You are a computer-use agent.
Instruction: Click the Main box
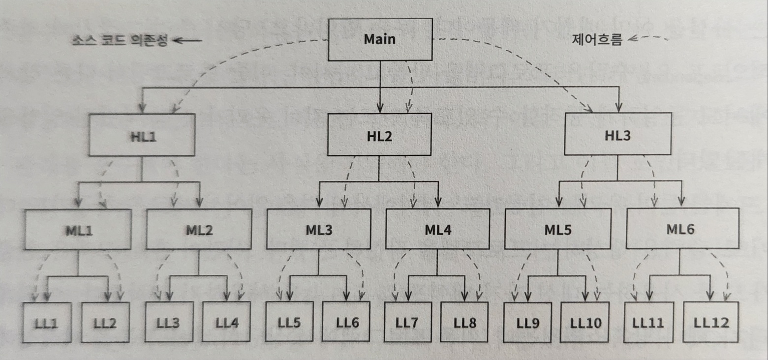point(379,40)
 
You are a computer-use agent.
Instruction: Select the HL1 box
point(142,136)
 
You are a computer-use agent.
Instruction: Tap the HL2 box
point(379,136)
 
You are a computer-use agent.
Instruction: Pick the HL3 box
point(616,136)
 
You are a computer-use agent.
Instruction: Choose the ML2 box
point(199,230)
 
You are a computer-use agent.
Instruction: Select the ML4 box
point(437,229)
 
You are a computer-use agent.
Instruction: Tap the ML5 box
point(558,229)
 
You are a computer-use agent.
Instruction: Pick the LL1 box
point(47,323)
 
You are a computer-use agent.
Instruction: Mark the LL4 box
point(227,323)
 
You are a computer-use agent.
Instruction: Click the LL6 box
point(347,323)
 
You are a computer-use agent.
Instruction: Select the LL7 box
point(408,323)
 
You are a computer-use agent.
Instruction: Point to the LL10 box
point(585,323)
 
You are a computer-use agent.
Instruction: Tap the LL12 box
point(711,323)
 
